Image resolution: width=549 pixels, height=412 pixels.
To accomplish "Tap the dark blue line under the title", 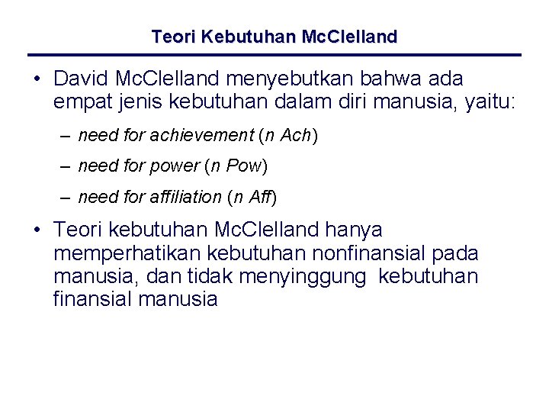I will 274,55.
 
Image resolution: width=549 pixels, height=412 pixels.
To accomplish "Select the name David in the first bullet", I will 79,79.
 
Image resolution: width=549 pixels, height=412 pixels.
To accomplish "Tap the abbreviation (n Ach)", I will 288,136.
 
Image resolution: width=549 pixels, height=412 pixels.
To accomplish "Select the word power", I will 177,166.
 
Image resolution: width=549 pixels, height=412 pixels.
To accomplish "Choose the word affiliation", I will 185,198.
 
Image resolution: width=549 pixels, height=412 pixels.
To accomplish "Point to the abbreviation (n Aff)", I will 252,198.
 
